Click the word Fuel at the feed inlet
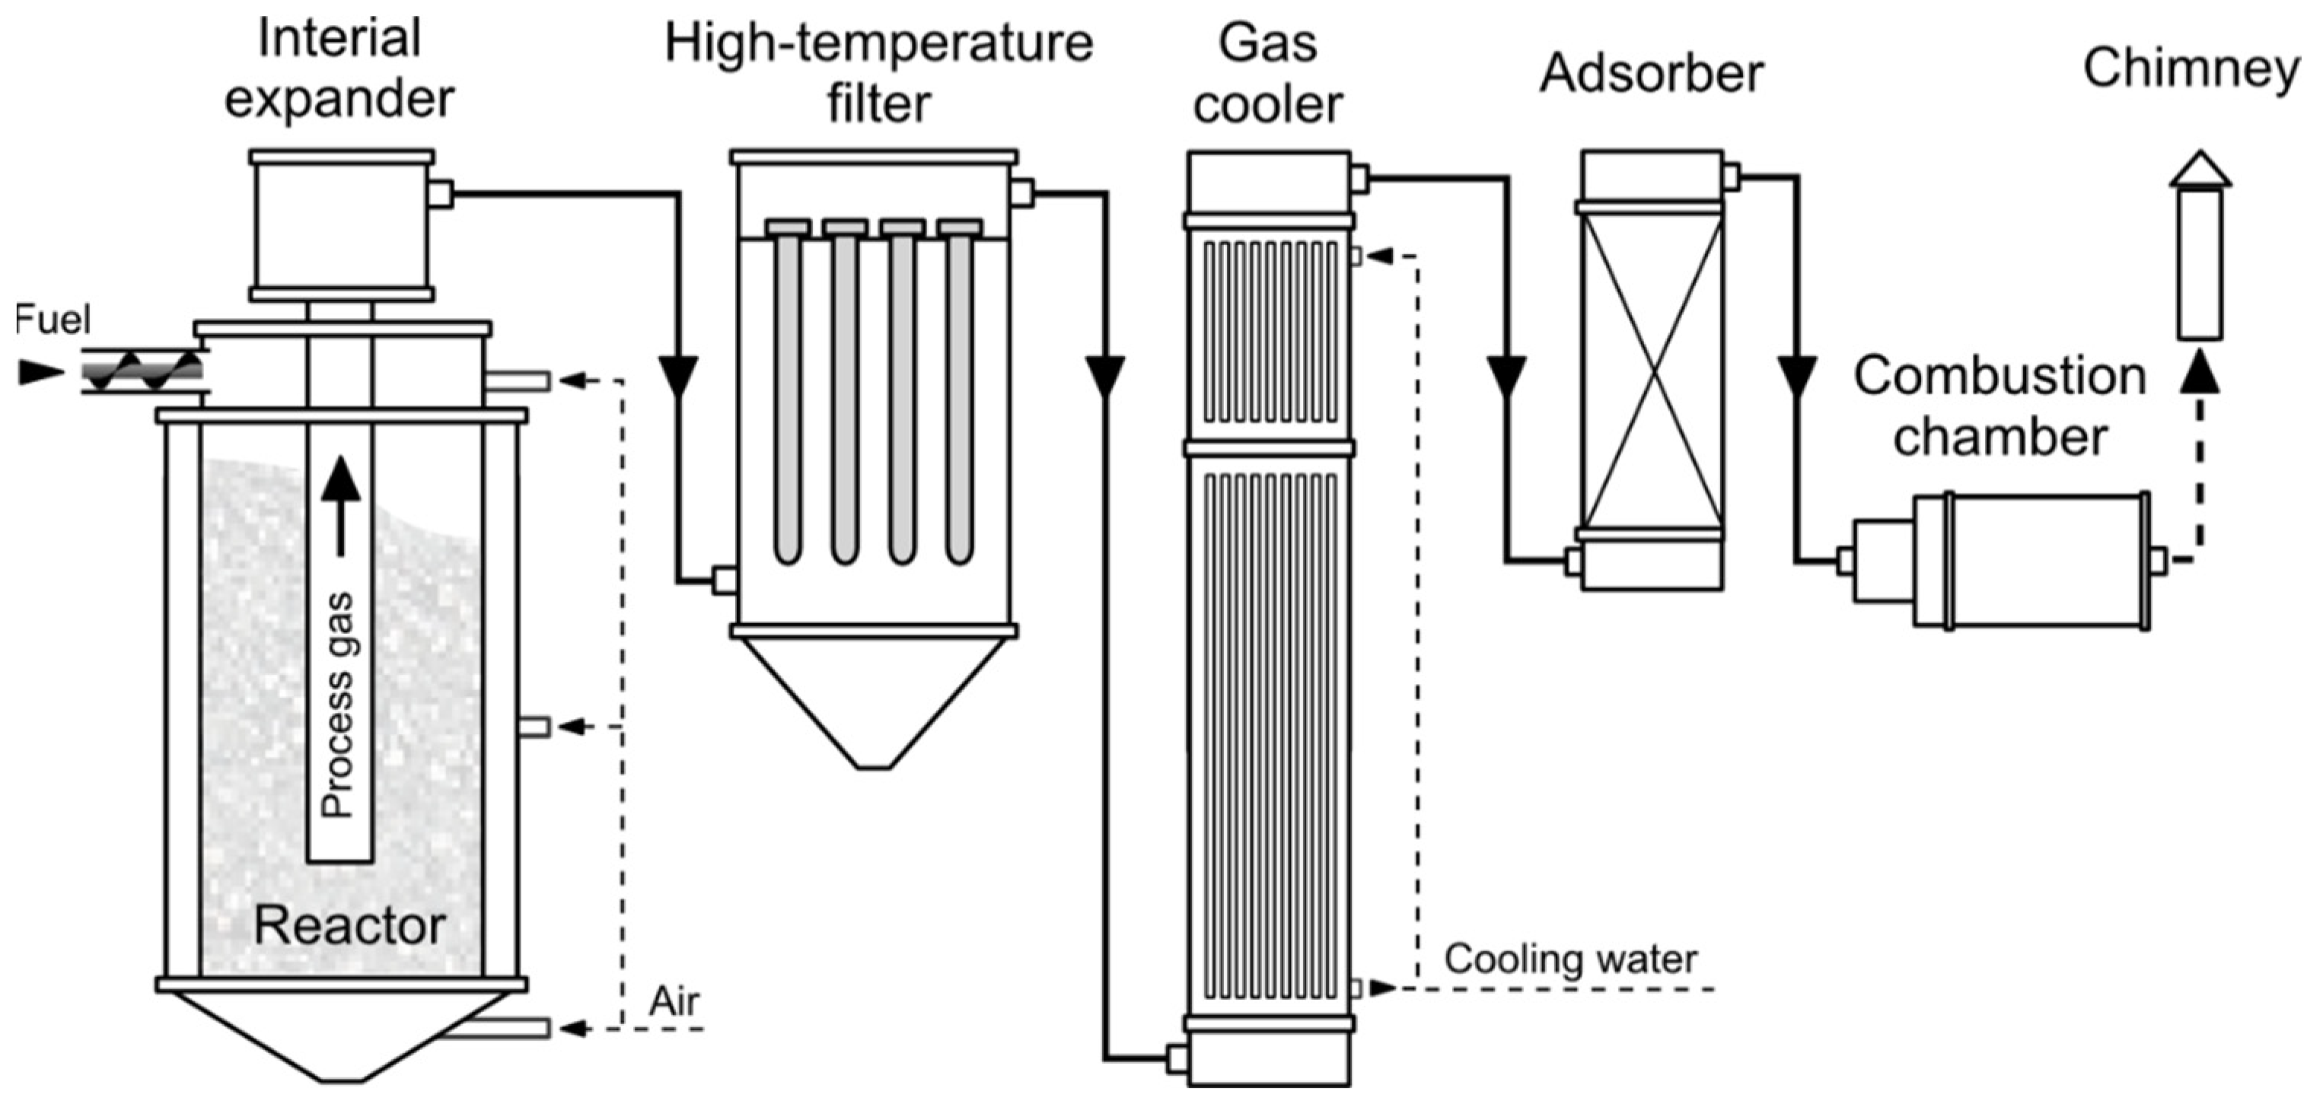(x=52, y=320)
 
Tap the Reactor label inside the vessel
(x=349, y=925)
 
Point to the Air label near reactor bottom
(x=674, y=1001)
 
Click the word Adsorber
(x=1652, y=72)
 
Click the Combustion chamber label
(x=2000, y=406)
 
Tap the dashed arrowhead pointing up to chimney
(x=2200, y=374)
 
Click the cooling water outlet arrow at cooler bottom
(x=1382, y=988)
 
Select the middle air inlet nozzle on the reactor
(x=534, y=726)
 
